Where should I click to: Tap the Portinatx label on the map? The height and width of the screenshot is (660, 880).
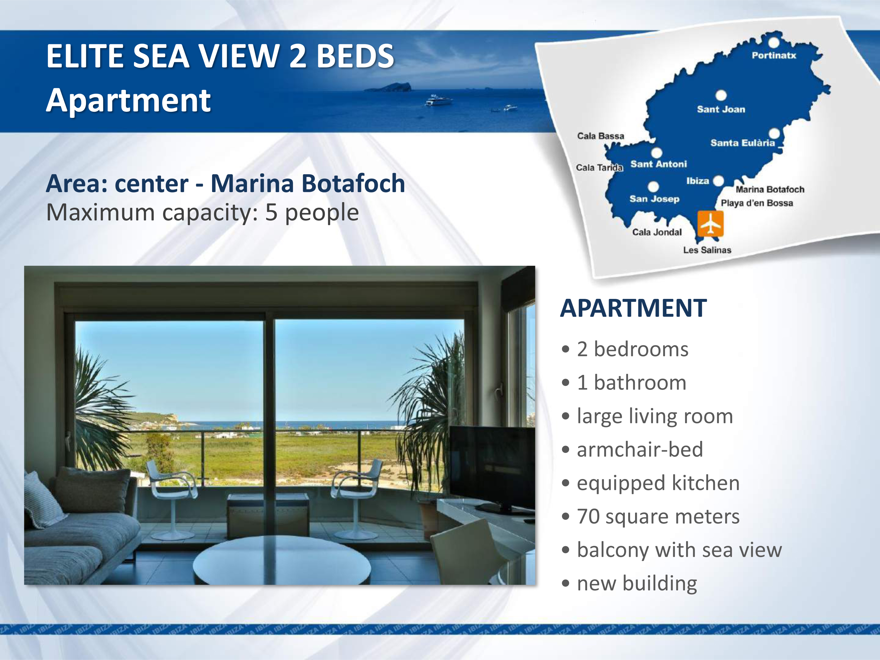pos(774,55)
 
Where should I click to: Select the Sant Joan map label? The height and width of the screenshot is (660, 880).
pos(721,109)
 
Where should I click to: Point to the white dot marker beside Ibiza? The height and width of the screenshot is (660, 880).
pos(718,181)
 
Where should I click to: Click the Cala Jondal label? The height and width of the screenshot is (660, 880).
pos(657,232)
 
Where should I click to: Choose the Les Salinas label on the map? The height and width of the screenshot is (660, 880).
pos(707,250)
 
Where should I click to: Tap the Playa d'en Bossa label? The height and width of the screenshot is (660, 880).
pos(757,203)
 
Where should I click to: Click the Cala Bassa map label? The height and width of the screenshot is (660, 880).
pos(600,136)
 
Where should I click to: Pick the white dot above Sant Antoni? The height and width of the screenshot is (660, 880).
pos(656,152)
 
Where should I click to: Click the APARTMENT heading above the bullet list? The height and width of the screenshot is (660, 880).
pos(633,308)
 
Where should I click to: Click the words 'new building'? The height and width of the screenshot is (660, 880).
pos(637,584)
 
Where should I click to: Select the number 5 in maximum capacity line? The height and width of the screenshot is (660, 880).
pos(271,212)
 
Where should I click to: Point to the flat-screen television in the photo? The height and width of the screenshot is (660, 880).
pos(492,468)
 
